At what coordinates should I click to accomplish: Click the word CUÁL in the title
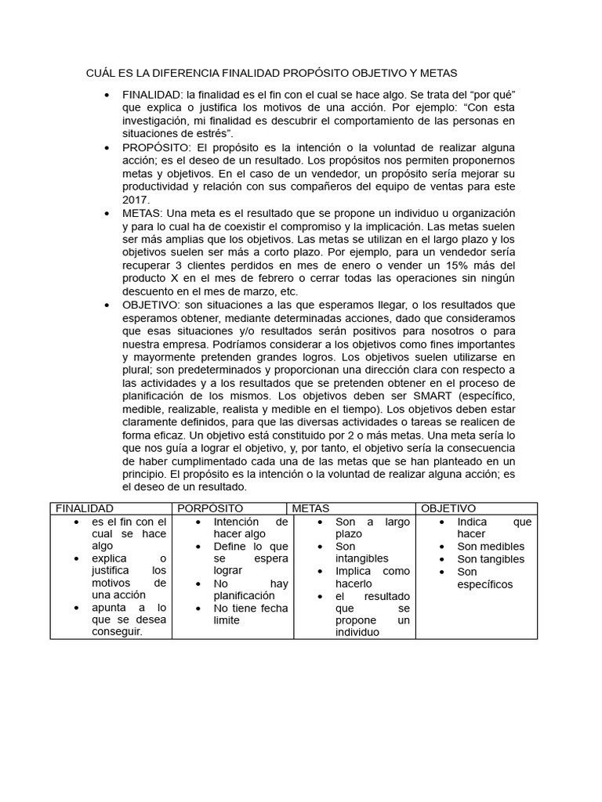pyautogui.click(x=100, y=73)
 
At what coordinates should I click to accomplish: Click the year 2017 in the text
pyautogui.click(x=136, y=200)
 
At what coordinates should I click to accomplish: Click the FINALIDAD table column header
pyautogui.click(x=85, y=509)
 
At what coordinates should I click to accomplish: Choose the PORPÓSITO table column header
pyautogui.click(x=210, y=509)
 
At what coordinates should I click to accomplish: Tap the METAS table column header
pyautogui.click(x=310, y=509)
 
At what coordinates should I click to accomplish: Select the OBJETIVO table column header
pyautogui.click(x=448, y=509)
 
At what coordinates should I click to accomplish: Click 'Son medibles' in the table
pyautogui.click(x=491, y=547)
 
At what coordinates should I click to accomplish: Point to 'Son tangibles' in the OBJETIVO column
pyautogui.click(x=491, y=559)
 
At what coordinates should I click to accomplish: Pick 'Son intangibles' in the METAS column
pyautogui.click(x=361, y=553)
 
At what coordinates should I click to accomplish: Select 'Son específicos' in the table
pyautogui.click(x=484, y=578)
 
